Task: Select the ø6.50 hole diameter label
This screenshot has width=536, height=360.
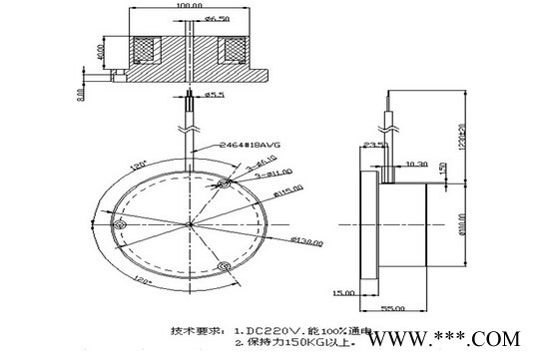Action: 218,18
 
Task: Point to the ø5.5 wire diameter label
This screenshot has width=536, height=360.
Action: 217,96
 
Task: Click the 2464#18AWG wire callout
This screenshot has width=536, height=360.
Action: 236,145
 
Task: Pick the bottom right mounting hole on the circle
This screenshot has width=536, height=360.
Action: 225,267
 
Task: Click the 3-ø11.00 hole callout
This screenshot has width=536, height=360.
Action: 249,173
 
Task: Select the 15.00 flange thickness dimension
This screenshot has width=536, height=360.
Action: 344,292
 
